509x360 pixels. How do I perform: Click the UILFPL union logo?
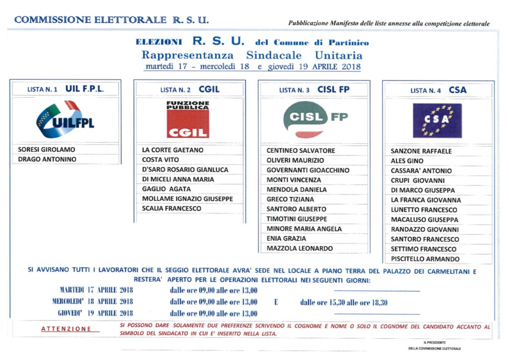pos(65,120)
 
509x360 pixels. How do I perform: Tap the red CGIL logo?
pos(188,119)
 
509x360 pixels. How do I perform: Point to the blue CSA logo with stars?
pos(437,120)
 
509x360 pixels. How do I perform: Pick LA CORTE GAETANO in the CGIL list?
pos(172,150)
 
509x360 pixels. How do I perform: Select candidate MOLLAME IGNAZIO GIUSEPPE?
pos(187,199)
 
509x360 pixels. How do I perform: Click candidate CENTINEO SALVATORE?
pos(301,151)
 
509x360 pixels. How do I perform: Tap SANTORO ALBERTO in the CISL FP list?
pos(296,209)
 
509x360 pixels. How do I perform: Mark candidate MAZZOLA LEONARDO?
pos(300,248)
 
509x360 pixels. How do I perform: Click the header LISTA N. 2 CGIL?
pos(189,90)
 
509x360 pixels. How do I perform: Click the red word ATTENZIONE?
pos(66,329)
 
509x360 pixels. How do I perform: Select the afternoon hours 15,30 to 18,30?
pos(343,302)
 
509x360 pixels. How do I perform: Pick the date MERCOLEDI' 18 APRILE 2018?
pos(92,301)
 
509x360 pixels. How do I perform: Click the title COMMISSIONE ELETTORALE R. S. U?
pos(111,20)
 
